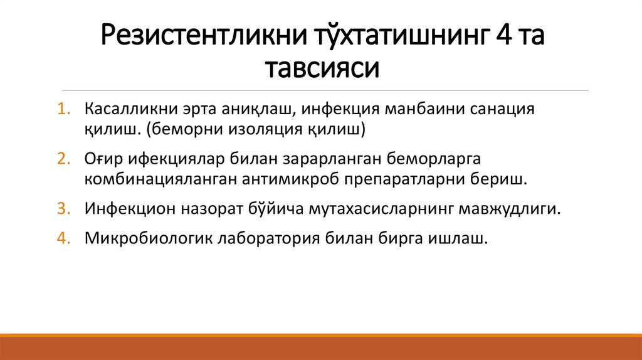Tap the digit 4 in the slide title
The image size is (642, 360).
pos(502,38)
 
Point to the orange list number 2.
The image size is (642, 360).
pos(65,159)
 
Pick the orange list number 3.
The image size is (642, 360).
pos(65,209)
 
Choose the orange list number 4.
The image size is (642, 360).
pos(65,239)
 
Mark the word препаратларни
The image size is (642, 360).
pos(408,179)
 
